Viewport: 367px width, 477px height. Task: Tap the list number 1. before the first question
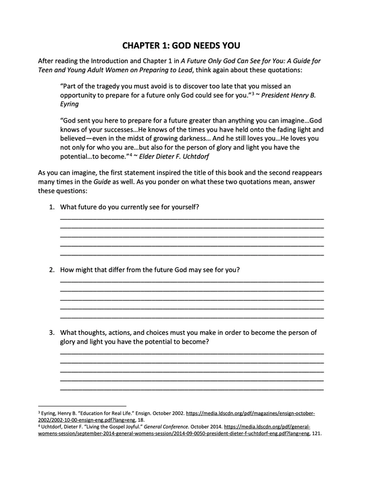[52, 207]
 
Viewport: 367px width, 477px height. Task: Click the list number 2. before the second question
[52, 269]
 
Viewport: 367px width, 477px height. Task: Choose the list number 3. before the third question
[52, 332]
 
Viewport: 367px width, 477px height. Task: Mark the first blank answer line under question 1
[191, 219]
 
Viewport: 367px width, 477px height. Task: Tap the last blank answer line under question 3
[191, 389]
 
